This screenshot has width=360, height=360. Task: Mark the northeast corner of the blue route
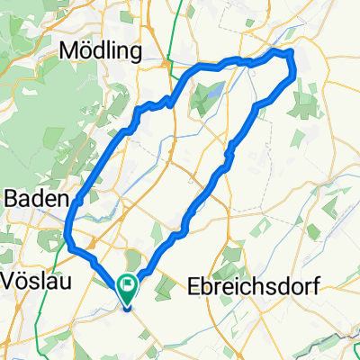click(x=292, y=56)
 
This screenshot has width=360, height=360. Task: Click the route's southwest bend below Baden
click(x=69, y=239)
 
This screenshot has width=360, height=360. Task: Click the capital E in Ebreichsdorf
click(x=193, y=286)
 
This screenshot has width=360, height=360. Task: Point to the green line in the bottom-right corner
click(x=346, y=346)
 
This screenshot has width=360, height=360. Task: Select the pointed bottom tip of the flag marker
click(x=128, y=305)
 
